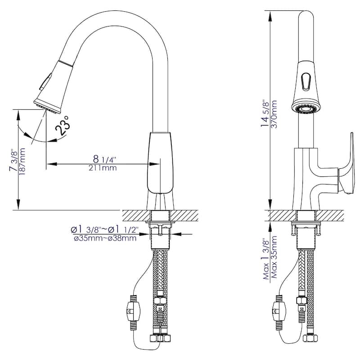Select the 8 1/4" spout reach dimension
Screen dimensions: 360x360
tap(104, 159)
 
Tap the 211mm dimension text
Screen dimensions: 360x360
tap(103, 168)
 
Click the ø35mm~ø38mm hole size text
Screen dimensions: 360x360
tap(104, 238)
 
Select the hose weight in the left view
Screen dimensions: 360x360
tap(133, 311)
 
